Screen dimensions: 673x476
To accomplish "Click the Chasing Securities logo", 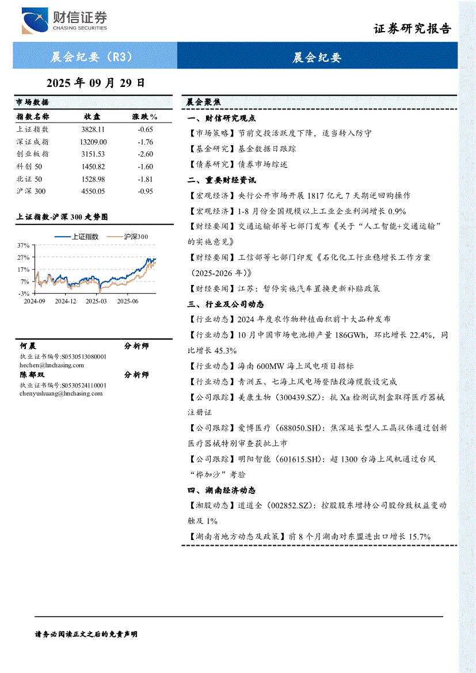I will tap(64, 21).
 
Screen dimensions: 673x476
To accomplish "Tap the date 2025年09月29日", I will tap(95, 83).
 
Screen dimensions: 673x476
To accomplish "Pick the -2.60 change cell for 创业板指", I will tap(145, 154).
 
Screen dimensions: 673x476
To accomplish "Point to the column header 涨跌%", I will tap(145, 116).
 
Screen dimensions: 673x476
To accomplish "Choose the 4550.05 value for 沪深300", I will tap(93, 191).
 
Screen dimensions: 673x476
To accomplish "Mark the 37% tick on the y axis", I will tap(23, 245).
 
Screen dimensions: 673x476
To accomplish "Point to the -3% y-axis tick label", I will tap(24, 293).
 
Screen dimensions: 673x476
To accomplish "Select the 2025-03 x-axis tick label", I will tap(96, 301).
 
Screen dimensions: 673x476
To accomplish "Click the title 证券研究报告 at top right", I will tap(412, 29).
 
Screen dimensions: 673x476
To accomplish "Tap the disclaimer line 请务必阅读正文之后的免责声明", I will tap(86, 634).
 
